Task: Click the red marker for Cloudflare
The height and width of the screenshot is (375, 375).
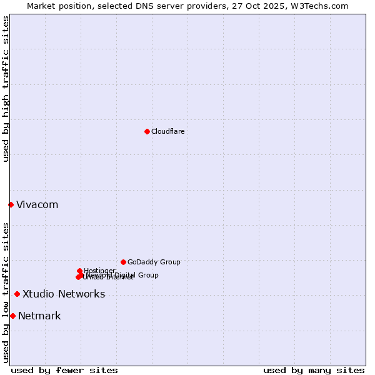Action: pyautogui.click(x=147, y=131)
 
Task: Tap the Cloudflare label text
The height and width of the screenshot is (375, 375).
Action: pyautogui.click(x=167, y=131)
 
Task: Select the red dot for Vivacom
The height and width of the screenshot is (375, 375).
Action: pyautogui.click(x=11, y=204)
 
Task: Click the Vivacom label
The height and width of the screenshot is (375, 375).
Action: pyautogui.click(x=37, y=205)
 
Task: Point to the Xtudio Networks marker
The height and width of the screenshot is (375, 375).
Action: pyautogui.click(x=17, y=294)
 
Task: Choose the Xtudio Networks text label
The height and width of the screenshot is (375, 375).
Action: pyautogui.click(x=64, y=294)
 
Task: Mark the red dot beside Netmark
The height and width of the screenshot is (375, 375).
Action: pyautogui.click(x=12, y=316)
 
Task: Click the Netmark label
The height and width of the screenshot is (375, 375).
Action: pyautogui.click(x=39, y=316)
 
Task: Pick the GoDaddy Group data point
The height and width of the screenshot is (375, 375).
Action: pyautogui.click(x=123, y=262)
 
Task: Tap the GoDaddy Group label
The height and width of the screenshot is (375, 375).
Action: pyautogui.click(x=154, y=262)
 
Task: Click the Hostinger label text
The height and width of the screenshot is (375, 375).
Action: pyautogui.click(x=99, y=271)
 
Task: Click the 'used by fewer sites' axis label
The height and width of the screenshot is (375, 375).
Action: pyautogui.click(x=64, y=370)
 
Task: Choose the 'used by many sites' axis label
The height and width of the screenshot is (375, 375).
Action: pyautogui.click(x=314, y=370)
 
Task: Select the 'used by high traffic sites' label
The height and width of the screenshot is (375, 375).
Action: pyautogui.click(x=6, y=89)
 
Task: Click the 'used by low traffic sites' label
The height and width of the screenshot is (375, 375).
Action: pyautogui.click(x=6, y=292)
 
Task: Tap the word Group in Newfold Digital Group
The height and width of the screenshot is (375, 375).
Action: pyautogui.click(x=147, y=275)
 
